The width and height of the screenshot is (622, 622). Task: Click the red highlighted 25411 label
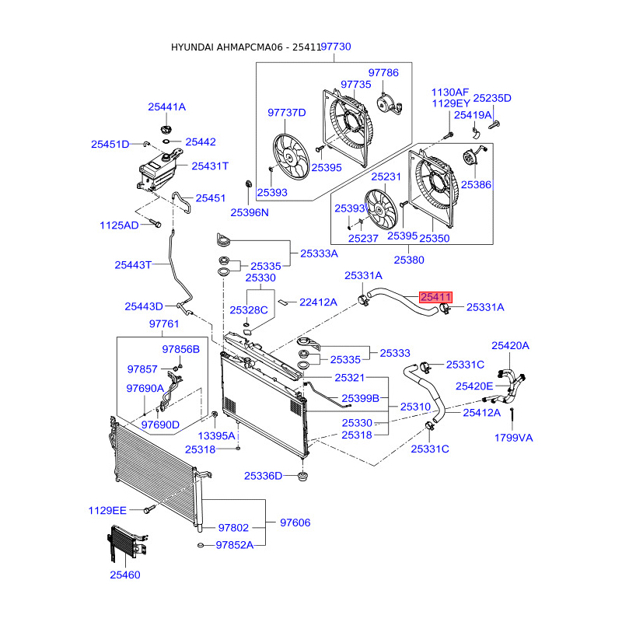click(x=435, y=297)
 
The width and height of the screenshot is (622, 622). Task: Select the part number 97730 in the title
click(x=336, y=47)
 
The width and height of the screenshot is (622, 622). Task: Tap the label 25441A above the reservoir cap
click(x=166, y=107)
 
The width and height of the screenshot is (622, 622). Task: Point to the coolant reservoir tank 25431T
click(x=158, y=170)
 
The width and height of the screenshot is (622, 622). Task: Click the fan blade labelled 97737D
click(x=291, y=156)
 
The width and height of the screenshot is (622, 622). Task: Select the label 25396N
click(x=250, y=212)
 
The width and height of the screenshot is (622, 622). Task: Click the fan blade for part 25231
click(x=381, y=209)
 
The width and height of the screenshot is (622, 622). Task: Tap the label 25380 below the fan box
click(x=409, y=260)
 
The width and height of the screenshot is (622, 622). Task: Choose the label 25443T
click(x=133, y=264)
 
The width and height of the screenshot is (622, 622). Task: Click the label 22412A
click(x=318, y=302)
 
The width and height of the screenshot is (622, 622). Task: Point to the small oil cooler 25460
click(x=126, y=543)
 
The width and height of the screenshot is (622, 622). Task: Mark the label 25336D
click(x=263, y=476)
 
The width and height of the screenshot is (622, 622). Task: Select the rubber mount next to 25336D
click(x=302, y=476)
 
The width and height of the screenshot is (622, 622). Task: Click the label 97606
click(x=295, y=522)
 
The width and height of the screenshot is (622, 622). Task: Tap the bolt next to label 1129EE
click(x=149, y=509)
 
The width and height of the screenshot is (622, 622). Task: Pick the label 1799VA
click(x=513, y=438)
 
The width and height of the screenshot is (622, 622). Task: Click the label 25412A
click(x=481, y=413)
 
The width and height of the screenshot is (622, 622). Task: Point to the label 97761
click(x=164, y=324)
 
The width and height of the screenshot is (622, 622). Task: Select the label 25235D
click(x=492, y=98)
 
